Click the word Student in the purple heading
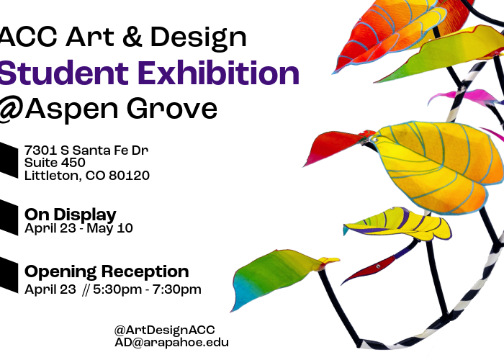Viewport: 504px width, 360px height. (61, 73)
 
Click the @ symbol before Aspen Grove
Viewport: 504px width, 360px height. (12, 109)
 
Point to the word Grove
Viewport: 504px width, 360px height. (179, 109)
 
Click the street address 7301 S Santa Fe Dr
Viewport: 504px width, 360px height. (86, 150)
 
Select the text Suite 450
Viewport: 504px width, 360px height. (55, 162)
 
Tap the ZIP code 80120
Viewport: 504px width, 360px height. (130, 175)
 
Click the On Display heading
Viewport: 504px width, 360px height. (71, 215)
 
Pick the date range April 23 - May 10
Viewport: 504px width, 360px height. (78, 229)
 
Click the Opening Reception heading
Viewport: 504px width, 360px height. (107, 272)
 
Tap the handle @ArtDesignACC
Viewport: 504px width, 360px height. (164, 329)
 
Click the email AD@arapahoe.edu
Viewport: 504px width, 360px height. (171, 343)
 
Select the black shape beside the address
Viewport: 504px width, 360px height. (8, 161)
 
